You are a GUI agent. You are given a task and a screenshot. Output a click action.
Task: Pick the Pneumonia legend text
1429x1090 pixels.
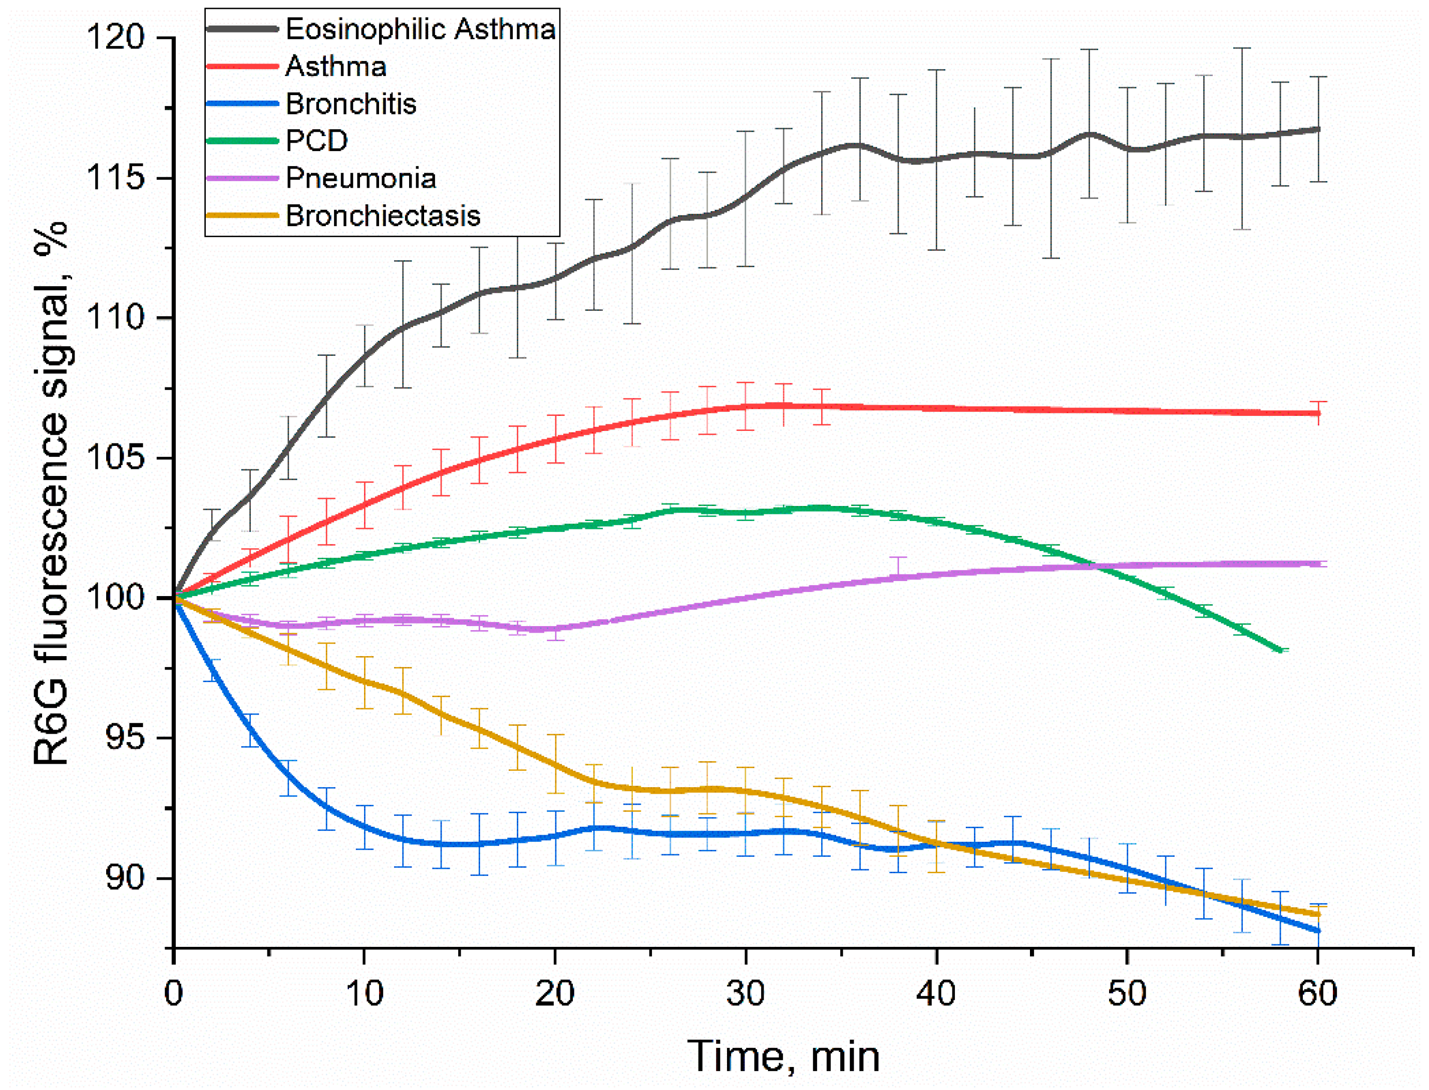361,179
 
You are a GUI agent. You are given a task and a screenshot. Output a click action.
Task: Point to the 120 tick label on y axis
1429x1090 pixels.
116,37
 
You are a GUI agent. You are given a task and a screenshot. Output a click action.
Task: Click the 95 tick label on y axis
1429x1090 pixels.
125,738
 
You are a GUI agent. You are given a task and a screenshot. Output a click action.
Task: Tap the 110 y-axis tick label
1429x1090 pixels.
116,318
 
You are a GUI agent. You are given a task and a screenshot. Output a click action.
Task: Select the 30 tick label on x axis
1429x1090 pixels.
746,993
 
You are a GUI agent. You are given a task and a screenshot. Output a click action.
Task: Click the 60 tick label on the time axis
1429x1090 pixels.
1317,993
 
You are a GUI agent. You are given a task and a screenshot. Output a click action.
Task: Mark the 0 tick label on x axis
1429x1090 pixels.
173,993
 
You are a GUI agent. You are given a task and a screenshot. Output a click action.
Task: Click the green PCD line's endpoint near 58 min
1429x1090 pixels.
1280,650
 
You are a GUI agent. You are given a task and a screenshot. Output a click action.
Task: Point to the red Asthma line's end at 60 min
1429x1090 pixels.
1317,413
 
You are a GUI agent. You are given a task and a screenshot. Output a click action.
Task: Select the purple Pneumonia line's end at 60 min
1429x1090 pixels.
1317,564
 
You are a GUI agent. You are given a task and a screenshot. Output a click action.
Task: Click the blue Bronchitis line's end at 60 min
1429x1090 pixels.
1317,931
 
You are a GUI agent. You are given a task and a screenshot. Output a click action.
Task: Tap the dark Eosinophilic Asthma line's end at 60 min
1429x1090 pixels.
1317,129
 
